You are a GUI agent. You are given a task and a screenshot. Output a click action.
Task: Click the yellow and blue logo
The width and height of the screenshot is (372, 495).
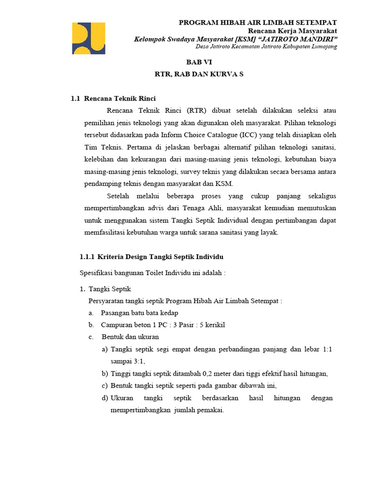[89, 38]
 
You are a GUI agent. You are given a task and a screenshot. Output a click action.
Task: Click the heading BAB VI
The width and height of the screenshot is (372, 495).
[199, 62]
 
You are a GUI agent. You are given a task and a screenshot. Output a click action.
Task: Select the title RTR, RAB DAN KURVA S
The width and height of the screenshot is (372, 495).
[199, 75]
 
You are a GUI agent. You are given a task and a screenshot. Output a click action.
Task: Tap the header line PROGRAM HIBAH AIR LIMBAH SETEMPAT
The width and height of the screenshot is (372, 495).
[258, 23]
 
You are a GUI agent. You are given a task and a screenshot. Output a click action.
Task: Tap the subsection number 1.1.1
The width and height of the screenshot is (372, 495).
[87, 256]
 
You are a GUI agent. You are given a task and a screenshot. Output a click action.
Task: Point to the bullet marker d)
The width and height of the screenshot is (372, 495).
[105, 398]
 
